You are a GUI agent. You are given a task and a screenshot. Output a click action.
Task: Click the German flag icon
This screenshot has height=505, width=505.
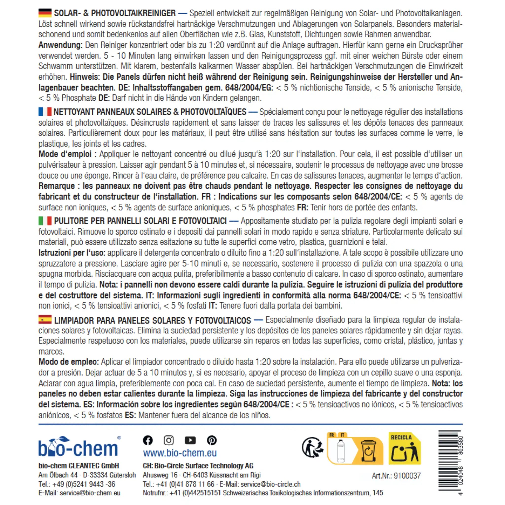pyautogui.click(x=45, y=13)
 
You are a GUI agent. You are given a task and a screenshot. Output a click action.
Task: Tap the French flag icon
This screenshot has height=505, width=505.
pyautogui.click(x=45, y=112)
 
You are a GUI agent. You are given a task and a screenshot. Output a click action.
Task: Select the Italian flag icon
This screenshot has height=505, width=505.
pyautogui.click(x=45, y=221)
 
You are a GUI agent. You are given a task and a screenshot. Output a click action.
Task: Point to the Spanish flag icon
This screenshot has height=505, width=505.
pyautogui.click(x=45, y=319)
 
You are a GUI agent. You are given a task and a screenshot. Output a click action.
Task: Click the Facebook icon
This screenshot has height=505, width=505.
pyautogui.click(x=148, y=440)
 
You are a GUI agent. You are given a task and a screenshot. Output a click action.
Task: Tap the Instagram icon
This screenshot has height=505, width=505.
pyautogui.click(x=169, y=440)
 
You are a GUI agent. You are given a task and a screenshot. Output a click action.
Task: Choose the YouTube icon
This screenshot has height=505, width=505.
pyautogui.click(x=190, y=440)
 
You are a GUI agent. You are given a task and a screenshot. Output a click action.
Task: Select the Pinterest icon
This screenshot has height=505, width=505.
pyautogui.click(x=212, y=440)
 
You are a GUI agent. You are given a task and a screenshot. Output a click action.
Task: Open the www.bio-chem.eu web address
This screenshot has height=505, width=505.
pyautogui.click(x=180, y=453)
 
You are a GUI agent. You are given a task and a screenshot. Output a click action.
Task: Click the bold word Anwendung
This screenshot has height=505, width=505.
pyautogui.click(x=60, y=45)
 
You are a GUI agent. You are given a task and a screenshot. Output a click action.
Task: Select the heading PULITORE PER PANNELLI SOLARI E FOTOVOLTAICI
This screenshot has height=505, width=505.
pyautogui.click(x=140, y=221)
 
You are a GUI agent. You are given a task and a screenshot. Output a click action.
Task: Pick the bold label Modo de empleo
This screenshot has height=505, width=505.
pyautogui.click(x=69, y=362)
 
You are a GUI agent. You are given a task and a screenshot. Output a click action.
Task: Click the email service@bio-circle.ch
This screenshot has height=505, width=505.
pyautogui.click(x=270, y=484)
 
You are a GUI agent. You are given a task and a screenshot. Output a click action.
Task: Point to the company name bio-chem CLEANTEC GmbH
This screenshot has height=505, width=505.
pyautogui.click(x=79, y=466)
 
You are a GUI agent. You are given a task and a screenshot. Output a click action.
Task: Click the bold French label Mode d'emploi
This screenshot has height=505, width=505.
pyautogui.click(x=67, y=154)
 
